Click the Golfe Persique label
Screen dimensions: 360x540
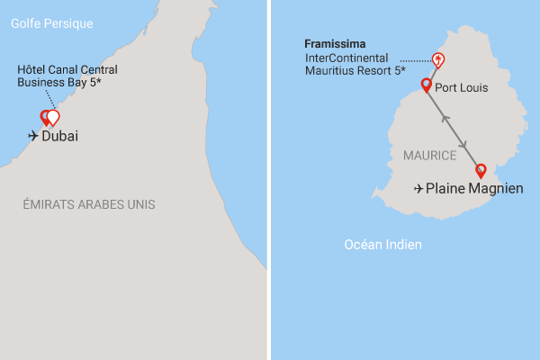(x=52, y=23)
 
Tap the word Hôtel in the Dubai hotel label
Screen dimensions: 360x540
(x=32, y=69)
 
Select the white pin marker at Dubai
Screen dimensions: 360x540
(x=53, y=116)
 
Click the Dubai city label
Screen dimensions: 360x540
(x=60, y=137)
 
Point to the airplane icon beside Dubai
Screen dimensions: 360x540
(x=33, y=137)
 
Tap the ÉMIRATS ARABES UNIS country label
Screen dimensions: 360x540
(x=89, y=205)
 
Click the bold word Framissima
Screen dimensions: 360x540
(x=334, y=43)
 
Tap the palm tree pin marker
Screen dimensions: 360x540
(x=438, y=60)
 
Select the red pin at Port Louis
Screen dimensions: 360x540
(x=427, y=86)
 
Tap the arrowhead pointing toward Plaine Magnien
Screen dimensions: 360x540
(x=464, y=144)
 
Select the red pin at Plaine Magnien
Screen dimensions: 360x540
(x=481, y=170)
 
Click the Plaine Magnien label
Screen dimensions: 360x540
(x=473, y=189)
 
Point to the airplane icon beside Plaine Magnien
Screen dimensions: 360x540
(x=418, y=189)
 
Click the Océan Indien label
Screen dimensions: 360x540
(x=384, y=244)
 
